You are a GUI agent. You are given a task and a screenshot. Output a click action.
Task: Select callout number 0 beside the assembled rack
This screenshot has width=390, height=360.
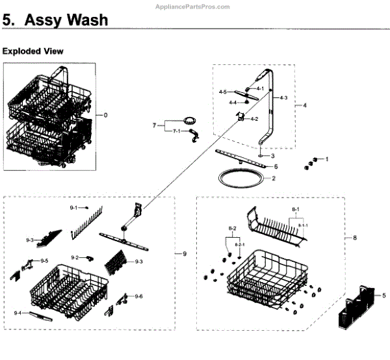click(106, 115)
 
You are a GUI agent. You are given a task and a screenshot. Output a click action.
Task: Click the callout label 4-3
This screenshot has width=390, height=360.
click(281, 97)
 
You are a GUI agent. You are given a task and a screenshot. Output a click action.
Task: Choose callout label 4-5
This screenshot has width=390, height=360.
click(223, 92)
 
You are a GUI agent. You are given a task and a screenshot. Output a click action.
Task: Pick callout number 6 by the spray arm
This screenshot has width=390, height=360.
click(276, 166)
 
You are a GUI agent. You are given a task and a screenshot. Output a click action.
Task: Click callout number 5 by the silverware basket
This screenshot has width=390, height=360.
click(383, 296)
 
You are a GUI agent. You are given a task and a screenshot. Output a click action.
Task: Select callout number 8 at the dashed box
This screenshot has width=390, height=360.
click(355, 238)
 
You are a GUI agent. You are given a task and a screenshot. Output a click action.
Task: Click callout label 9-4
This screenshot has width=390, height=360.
click(18, 314)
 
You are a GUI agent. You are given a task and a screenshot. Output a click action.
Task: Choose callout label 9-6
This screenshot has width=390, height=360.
click(138, 296)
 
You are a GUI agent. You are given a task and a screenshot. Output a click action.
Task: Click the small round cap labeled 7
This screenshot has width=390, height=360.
click(190, 120)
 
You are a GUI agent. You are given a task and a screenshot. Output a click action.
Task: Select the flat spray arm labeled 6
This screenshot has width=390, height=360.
click(240, 157)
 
